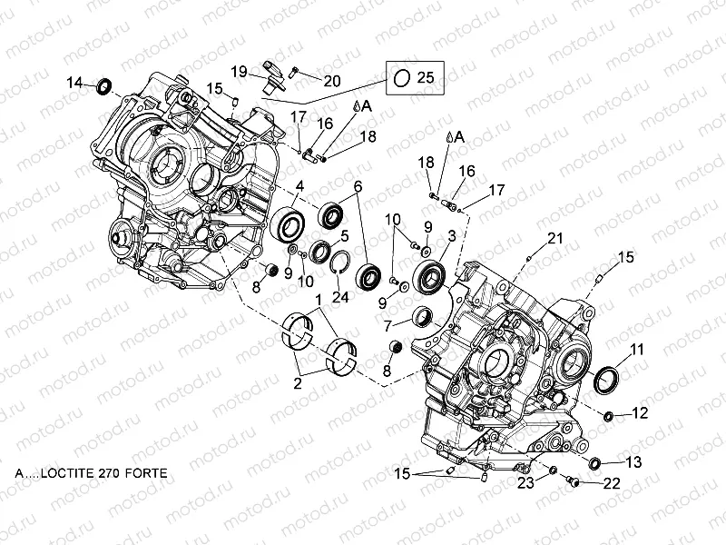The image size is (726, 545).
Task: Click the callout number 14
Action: click(x=75, y=84)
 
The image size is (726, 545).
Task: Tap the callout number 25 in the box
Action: click(x=426, y=79)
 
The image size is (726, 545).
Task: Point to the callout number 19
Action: click(x=238, y=71)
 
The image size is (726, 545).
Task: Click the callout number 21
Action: click(x=555, y=238)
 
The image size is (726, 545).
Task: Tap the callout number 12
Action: click(x=640, y=413)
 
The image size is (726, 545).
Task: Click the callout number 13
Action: click(x=633, y=462)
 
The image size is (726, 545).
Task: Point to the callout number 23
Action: click(x=525, y=482)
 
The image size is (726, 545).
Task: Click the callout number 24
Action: click(x=339, y=296)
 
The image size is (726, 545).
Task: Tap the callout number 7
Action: click(x=387, y=324)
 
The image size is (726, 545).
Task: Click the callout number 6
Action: click(x=358, y=187)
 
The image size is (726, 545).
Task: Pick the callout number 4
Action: click(x=299, y=187)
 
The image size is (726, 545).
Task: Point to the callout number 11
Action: click(x=637, y=349)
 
